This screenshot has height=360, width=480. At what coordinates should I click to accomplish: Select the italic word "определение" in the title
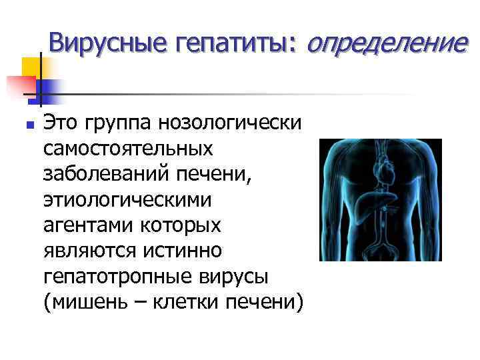pyautogui.click(x=384, y=43)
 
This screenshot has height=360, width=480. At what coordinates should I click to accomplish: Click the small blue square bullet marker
pyautogui.click(x=27, y=125)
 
